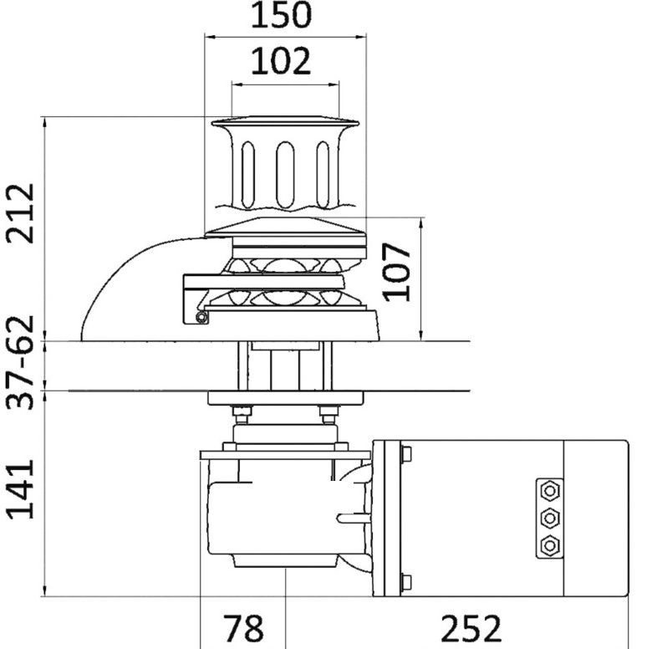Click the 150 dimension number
coord(281,14)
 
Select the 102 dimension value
coord(281,61)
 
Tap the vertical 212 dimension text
coord(20,213)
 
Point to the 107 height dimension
coord(396,272)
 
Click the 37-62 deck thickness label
coord(20,362)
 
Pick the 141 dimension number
coord(20,489)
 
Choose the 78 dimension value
coord(242,628)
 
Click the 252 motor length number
coord(471,628)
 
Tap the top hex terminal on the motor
coord(550,491)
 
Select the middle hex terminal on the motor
coord(550,518)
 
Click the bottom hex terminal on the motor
coord(550,545)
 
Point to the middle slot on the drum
coord(285,175)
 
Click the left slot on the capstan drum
coord(247,175)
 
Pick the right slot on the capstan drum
coord(323,175)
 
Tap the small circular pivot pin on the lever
coord(202,317)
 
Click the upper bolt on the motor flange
coord(405,454)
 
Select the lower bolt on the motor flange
coord(405,582)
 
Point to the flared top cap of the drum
coord(285,123)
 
